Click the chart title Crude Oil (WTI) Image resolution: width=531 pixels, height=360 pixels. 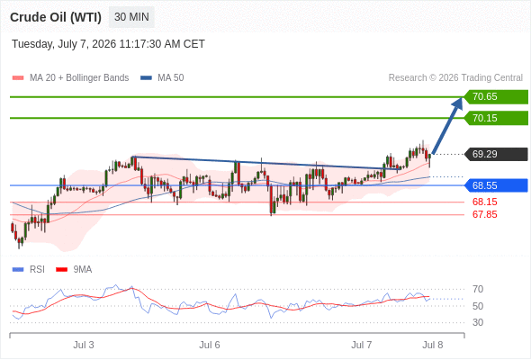(x=56, y=17)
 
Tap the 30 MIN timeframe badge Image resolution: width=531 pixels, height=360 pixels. (x=131, y=17)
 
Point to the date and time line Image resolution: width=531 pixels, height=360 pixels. (x=108, y=44)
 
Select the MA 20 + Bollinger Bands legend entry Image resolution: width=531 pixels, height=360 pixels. (x=70, y=78)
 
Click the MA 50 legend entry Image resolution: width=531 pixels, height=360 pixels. (x=162, y=78)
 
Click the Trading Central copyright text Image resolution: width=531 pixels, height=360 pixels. (x=455, y=78)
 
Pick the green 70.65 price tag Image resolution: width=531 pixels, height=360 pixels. (x=496, y=97)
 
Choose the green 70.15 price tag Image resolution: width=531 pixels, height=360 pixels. (x=496, y=118)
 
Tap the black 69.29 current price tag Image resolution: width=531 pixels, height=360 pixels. (x=496, y=154)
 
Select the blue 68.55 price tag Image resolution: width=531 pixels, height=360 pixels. (x=496, y=185)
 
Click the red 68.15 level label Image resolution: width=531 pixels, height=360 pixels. (x=484, y=202)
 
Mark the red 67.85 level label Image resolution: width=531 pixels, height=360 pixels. (x=484, y=214)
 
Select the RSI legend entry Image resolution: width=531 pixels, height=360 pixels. (x=29, y=270)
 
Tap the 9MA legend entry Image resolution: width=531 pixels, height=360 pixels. (x=74, y=270)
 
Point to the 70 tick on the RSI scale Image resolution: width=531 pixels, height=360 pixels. (x=478, y=289)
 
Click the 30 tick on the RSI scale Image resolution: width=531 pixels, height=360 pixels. (x=478, y=322)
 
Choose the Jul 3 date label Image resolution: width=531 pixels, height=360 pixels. (x=84, y=345)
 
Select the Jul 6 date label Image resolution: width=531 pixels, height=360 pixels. (x=210, y=345)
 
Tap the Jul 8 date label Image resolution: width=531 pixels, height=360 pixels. (x=433, y=345)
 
